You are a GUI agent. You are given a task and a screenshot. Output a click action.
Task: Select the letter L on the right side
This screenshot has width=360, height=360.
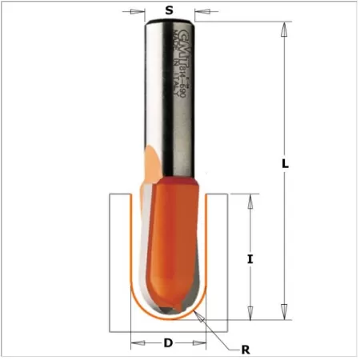pos(286,163)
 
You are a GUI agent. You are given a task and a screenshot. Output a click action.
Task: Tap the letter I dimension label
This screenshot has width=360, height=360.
pos(250,258)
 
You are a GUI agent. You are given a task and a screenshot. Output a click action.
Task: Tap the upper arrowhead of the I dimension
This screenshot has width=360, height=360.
pos(250,199)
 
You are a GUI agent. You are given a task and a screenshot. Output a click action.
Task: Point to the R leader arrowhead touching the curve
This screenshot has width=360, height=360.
pos(203,315)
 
